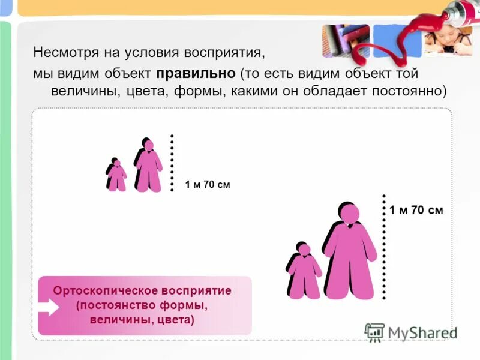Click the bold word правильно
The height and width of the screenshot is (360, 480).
pos(196,73)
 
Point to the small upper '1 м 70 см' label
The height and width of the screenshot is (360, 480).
pos(208,185)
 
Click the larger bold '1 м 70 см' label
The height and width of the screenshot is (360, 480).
pos(416,210)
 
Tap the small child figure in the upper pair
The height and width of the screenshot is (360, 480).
pos(116,175)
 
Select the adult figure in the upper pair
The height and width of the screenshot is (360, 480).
pos(149,166)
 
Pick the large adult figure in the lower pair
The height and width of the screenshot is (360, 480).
pos(350,255)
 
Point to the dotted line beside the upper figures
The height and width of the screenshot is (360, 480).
pos(172,163)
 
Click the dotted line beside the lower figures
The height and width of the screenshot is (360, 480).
pos(383,246)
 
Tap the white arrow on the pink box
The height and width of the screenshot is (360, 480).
pos(50,307)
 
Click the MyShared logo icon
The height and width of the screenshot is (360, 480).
pos(374,332)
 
